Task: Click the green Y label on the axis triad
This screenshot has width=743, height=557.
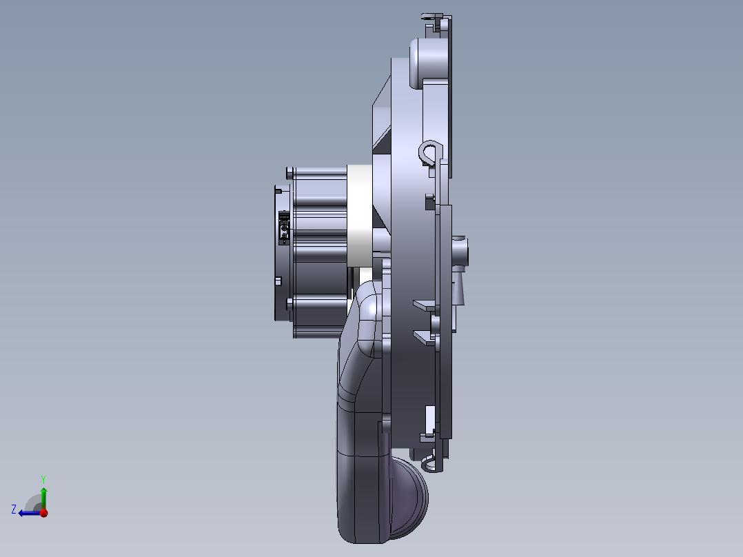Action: (43, 479)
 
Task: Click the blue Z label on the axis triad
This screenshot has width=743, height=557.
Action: (14, 509)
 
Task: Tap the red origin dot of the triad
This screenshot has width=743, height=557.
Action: (43, 513)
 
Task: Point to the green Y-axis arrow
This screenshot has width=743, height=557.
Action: (43, 498)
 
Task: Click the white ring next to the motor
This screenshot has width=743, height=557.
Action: (359, 216)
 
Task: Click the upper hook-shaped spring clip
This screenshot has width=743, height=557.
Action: (430, 152)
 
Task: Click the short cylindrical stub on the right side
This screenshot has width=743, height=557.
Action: (460, 251)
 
